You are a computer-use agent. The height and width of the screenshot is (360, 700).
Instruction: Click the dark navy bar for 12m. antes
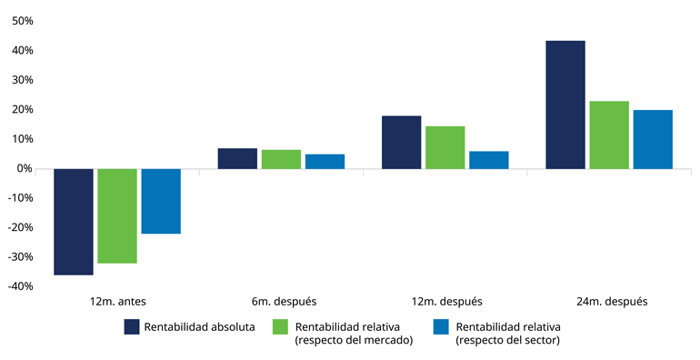pos(74,222)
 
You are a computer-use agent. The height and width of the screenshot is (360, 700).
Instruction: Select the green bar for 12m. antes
pos(117,216)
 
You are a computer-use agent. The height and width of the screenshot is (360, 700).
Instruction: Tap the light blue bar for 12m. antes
pos(161,201)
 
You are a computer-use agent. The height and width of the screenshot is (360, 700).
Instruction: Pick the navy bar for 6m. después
pos(237,158)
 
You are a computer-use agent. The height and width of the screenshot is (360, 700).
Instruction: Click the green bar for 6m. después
pos(281,159)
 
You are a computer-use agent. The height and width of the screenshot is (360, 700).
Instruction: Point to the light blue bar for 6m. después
pos(325,162)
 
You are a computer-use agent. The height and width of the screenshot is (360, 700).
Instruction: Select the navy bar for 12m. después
pos(401,142)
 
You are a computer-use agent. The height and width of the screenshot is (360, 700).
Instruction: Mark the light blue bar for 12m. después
pos(488,160)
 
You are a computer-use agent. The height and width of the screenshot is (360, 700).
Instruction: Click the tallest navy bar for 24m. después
pos(565,105)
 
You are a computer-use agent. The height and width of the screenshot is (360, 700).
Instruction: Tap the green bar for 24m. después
pos(608,135)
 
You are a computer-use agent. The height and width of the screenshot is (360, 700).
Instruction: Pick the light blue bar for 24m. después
pos(652,139)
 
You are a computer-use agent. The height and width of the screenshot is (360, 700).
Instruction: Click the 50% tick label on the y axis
pos(21,21)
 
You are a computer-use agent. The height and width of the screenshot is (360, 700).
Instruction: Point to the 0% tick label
pos(25,169)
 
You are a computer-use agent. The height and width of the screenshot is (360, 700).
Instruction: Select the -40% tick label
pos(19,287)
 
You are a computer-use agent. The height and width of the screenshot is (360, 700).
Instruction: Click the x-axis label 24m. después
pos(608,301)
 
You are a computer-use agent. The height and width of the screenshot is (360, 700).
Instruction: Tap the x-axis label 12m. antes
pos(117,301)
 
